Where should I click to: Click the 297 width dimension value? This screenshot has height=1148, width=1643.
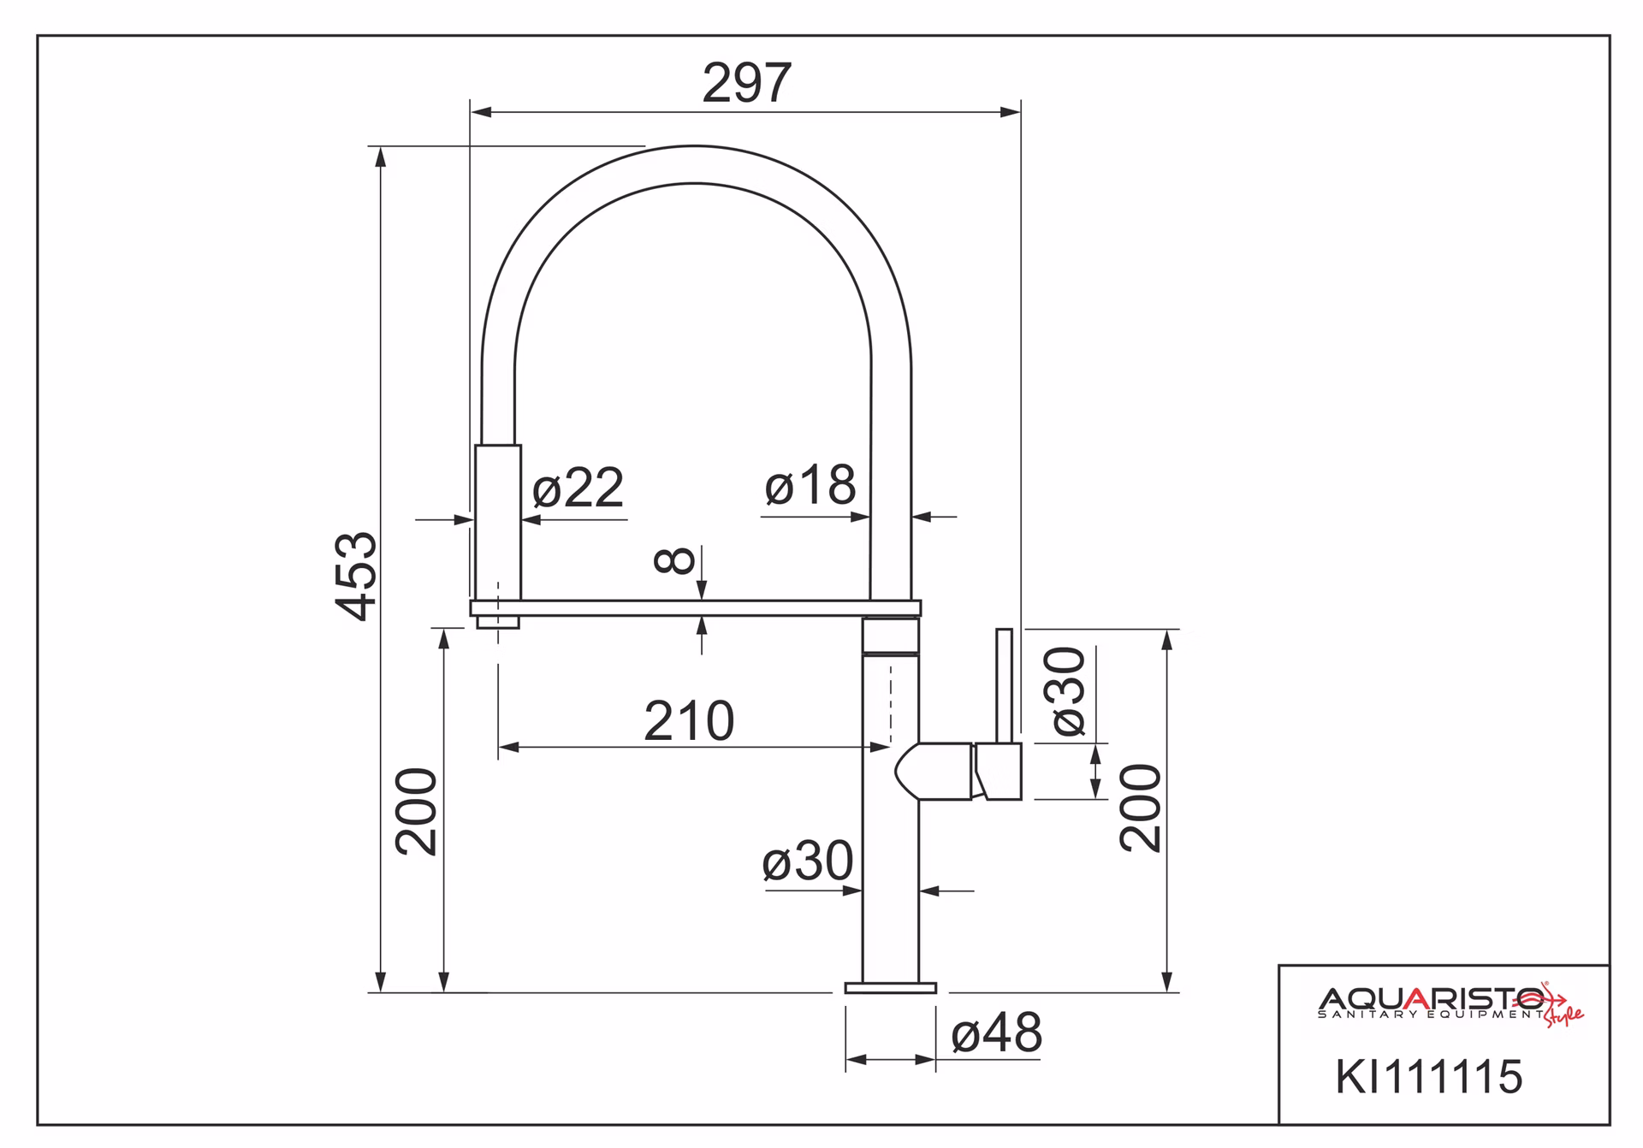(747, 83)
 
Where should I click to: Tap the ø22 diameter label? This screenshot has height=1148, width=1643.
(578, 488)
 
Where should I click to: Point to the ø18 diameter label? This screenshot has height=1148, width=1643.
(810, 485)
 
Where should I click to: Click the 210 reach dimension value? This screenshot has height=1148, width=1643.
(689, 721)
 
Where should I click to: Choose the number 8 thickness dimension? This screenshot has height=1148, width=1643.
(674, 561)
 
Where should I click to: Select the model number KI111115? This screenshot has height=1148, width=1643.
(1429, 1076)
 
